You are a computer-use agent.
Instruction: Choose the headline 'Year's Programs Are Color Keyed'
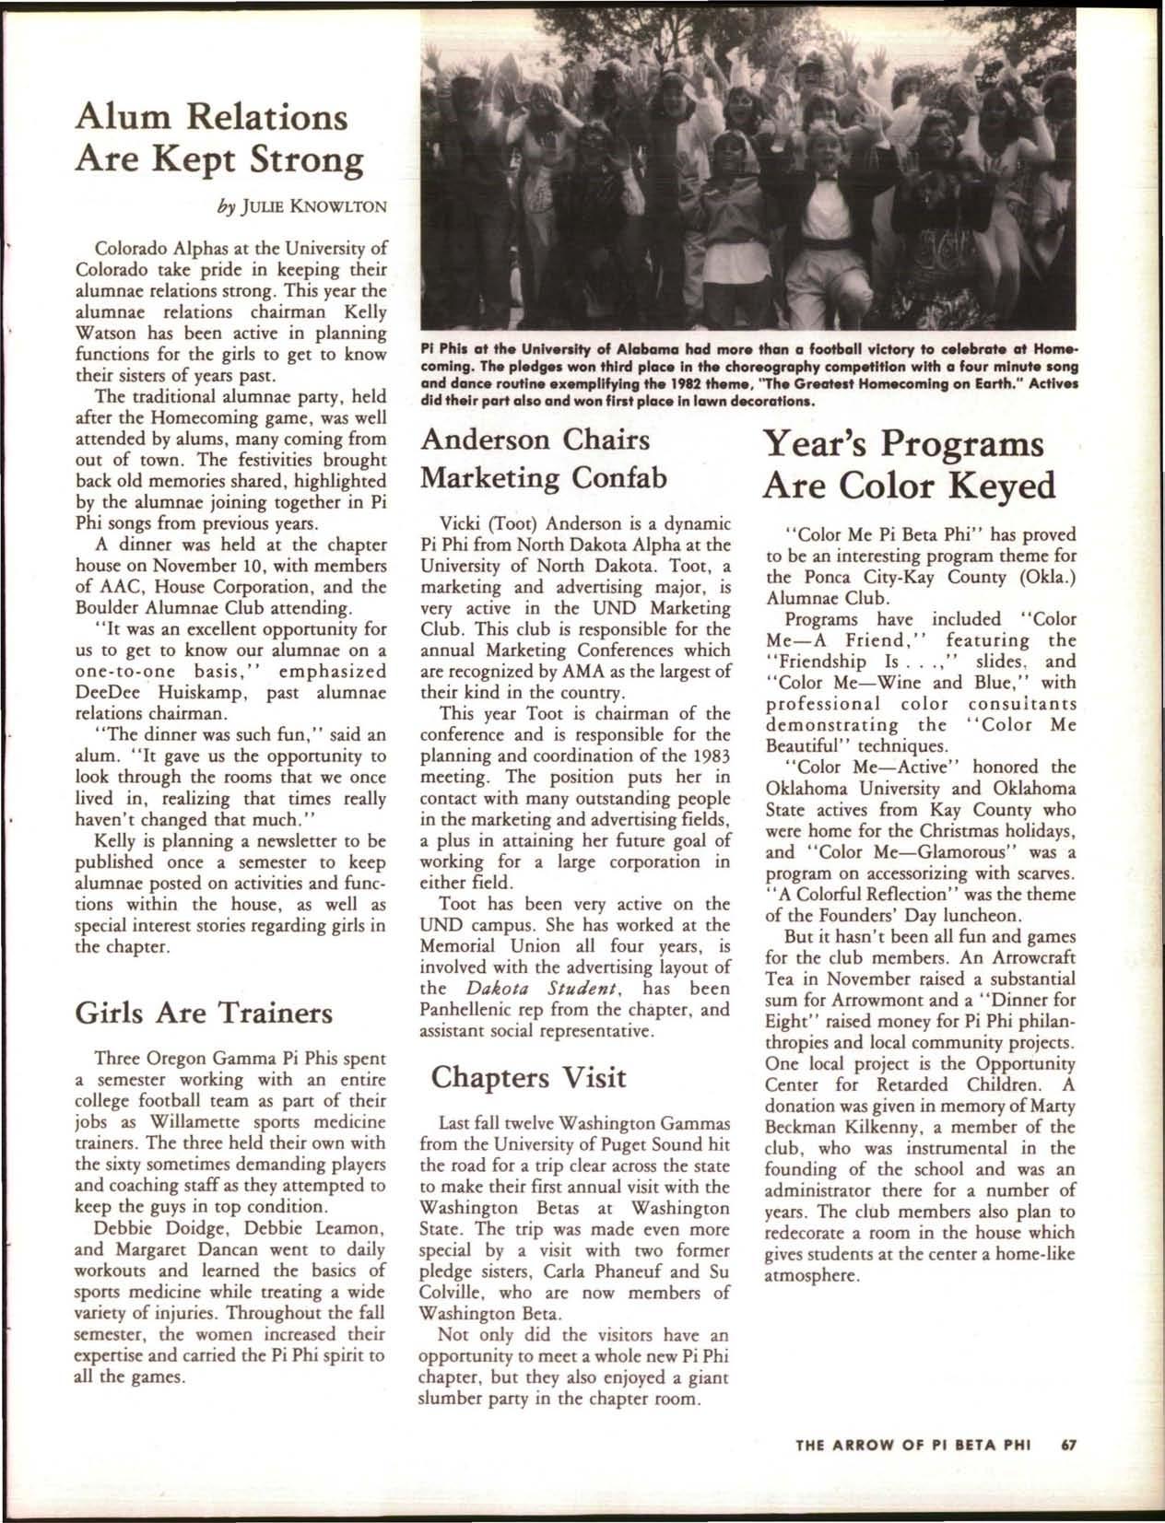pos(907,464)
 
